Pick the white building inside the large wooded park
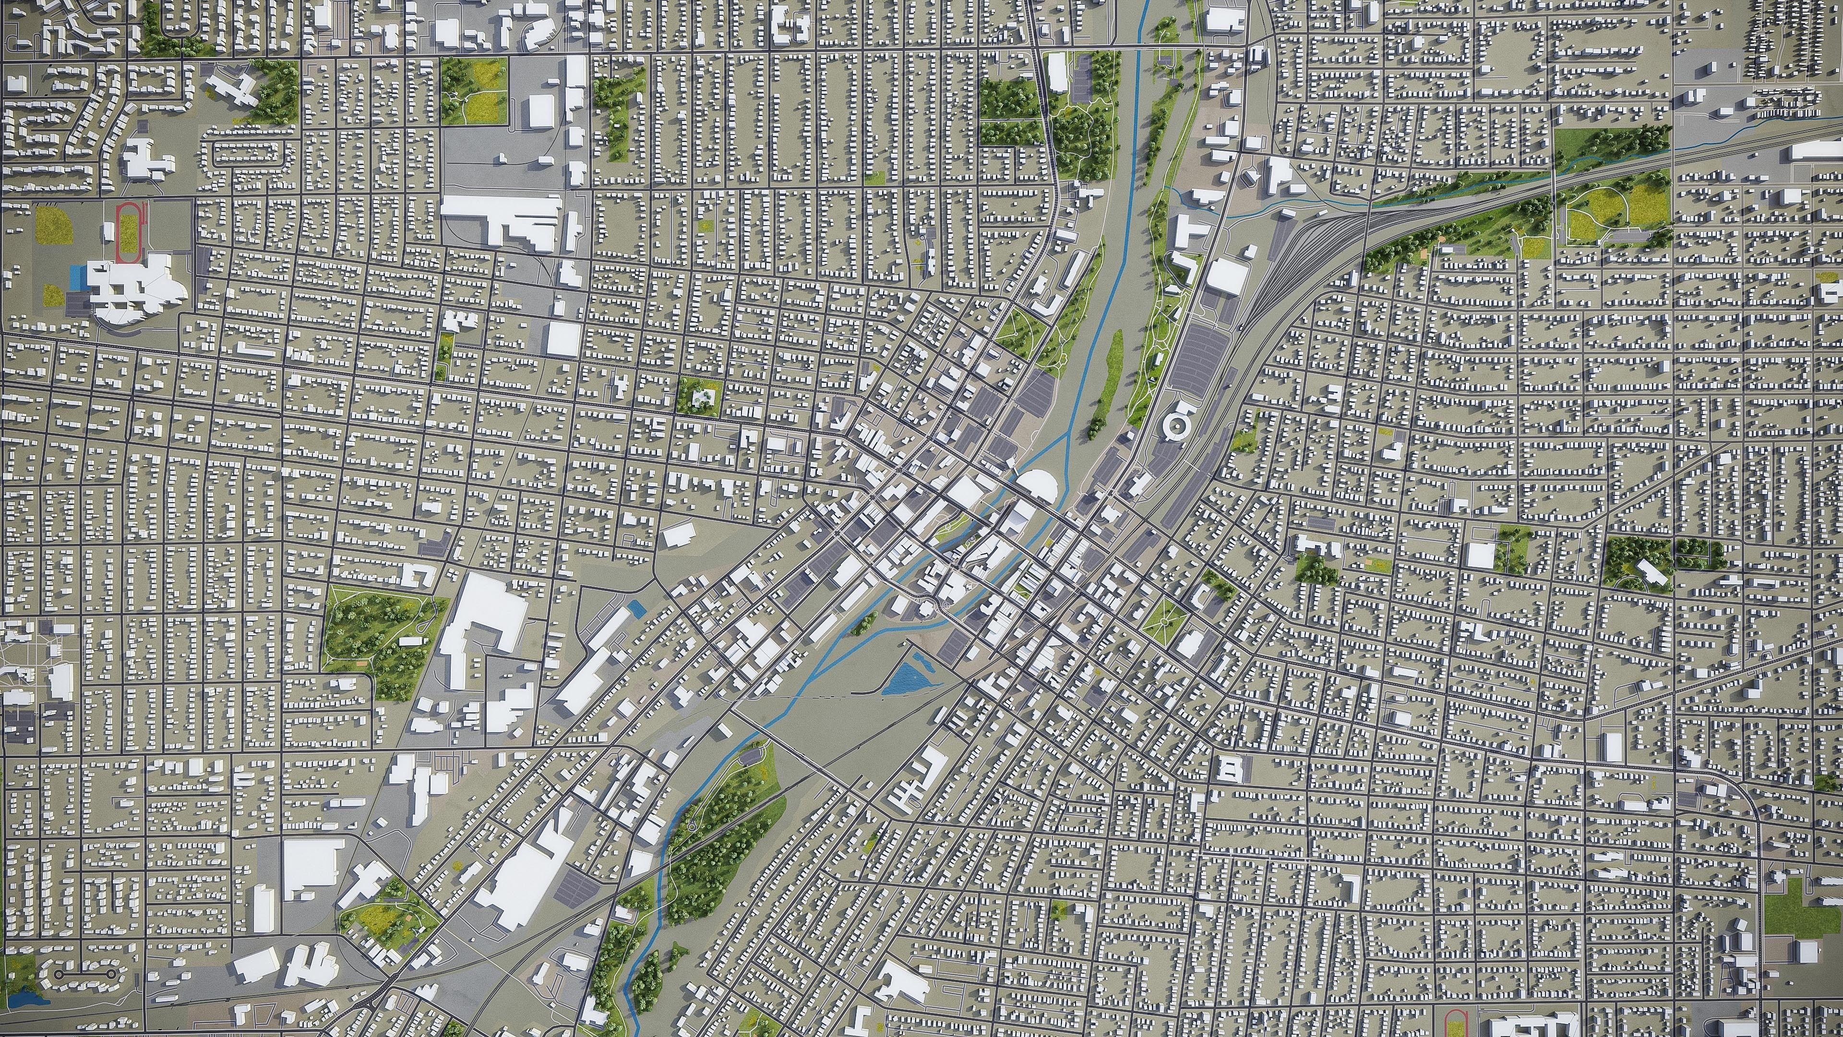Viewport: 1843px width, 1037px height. click(410, 641)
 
